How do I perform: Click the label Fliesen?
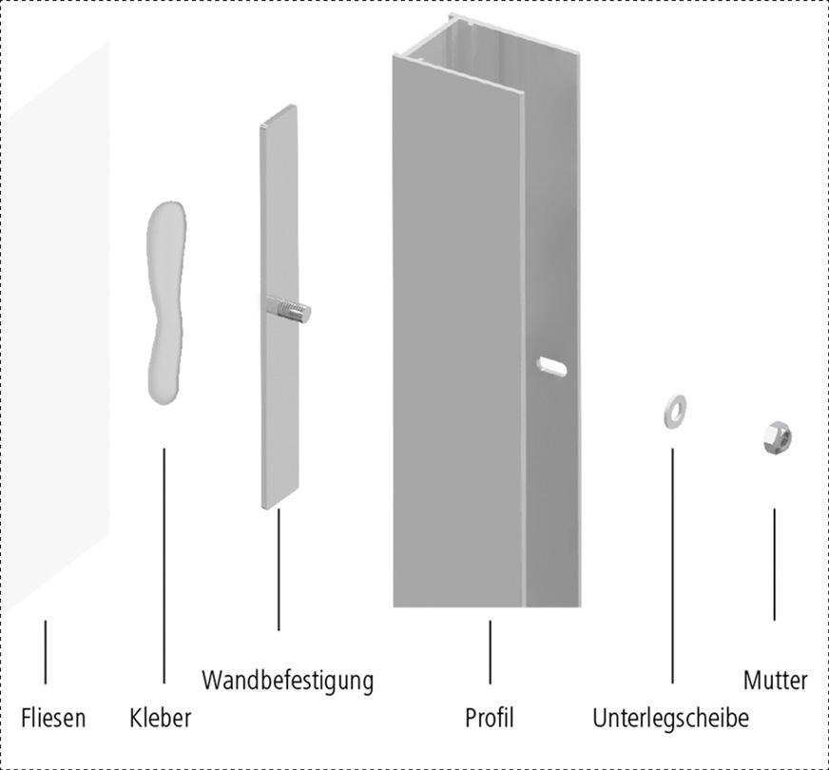click(53, 718)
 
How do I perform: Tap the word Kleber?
click(161, 718)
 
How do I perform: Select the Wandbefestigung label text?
click(288, 681)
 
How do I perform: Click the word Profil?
click(490, 718)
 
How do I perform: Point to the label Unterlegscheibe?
click(670, 718)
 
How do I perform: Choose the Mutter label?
click(775, 681)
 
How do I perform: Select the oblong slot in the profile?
click(554, 364)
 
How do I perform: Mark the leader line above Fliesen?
click(45, 652)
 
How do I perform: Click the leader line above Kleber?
click(164, 566)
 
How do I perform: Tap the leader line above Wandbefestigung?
click(279, 570)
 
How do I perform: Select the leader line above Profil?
click(490, 652)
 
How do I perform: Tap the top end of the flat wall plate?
click(278, 115)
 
